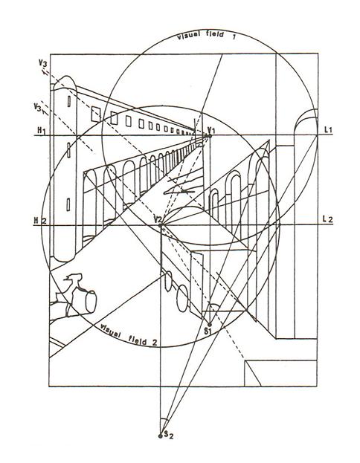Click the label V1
[212, 129]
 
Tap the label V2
[158, 219]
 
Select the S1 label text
[209, 331]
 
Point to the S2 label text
[169, 434]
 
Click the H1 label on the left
[42, 129]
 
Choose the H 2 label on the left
[40, 220]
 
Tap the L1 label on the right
[328, 129]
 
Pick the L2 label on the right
[328, 219]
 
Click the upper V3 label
[42, 63]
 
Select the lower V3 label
[38, 106]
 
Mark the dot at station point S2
[161, 436]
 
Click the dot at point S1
[210, 325]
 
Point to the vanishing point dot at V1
[210, 136]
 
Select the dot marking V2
[161, 225]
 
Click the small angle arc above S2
[164, 420]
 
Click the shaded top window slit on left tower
[69, 101]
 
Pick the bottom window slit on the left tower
[68, 204]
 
